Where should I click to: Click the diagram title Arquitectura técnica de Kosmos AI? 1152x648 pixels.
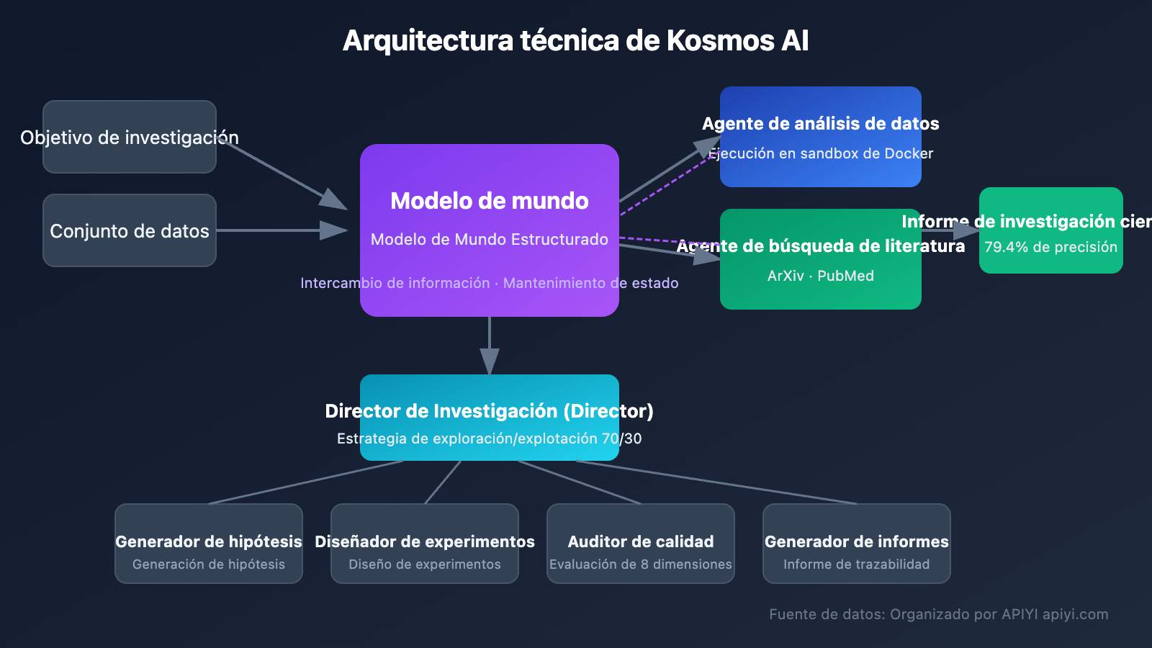point(576,41)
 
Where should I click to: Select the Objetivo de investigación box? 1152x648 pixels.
point(130,137)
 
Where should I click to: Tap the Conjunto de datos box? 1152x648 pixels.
point(130,230)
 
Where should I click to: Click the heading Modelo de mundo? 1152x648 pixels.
point(490,201)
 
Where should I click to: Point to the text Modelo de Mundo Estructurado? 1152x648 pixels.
point(490,240)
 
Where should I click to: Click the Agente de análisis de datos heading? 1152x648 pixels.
point(821,124)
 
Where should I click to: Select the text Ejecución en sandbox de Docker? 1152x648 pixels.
point(821,153)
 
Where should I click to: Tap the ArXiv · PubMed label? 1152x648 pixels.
point(821,276)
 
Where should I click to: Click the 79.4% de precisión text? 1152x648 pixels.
point(1050,247)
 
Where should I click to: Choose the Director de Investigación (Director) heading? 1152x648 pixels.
point(490,411)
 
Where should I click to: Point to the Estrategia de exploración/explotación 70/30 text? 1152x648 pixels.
point(490,438)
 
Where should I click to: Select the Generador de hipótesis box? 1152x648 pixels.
point(209,544)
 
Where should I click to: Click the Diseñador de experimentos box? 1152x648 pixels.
point(425,544)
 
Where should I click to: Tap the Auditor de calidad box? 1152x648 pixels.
point(641,544)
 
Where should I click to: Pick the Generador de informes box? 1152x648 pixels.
point(857,544)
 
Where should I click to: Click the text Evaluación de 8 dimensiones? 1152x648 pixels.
point(641,564)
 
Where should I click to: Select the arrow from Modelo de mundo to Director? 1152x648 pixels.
point(490,346)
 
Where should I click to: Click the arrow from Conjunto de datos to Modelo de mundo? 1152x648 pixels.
point(281,230)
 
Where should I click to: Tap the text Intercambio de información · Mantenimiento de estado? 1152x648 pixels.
point(490,283)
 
